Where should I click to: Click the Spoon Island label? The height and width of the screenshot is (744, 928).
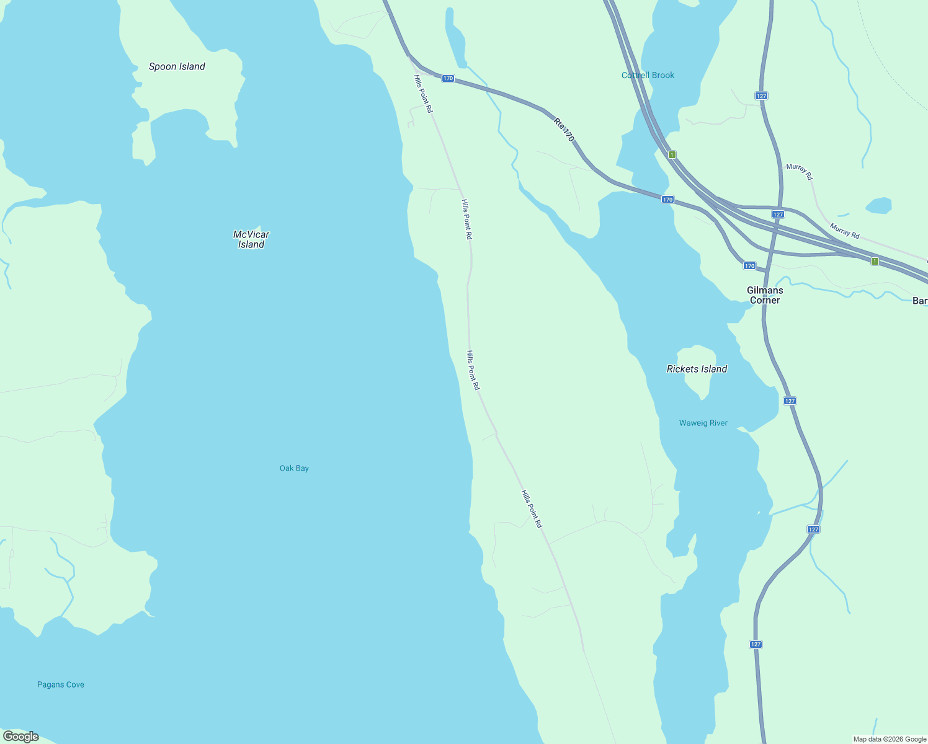click(x=177, y=66)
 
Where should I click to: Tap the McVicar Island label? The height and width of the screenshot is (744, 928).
click(x=251, y=239)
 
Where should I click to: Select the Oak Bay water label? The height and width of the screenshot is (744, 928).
click(x=294, y=468)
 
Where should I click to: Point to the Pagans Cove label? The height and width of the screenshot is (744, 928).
click(x=61, y=684)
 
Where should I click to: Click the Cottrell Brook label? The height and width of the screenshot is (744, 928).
click(x=648, y=75)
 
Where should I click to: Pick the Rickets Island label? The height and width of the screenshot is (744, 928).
click(x=697, y=369)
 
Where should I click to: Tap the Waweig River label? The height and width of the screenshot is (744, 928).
click(x=703, y=423)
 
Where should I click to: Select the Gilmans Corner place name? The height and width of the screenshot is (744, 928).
click(x=765, y=295)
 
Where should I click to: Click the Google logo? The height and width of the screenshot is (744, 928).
click(x=20, y=737)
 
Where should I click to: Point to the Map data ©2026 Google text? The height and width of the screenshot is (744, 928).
click(x=890, y=739)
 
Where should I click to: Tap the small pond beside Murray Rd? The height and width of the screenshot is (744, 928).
click(x=879, y=205)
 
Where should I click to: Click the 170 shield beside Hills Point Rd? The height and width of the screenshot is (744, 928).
click(x=448, y=78)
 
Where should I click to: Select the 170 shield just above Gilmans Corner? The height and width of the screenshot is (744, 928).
click(x=749, y=266)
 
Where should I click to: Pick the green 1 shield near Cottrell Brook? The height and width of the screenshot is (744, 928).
click(x=672, y=154)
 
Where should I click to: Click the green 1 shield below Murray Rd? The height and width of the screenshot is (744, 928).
click(x=875, y=261)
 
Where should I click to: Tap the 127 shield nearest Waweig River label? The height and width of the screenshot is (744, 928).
click(x=789, y=401)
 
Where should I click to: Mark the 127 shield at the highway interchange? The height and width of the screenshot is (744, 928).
click(x=778, y=214)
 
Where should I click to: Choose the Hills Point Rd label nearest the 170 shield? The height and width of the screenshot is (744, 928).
click(x=423, y=94)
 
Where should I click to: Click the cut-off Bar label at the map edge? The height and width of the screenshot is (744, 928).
click(x=920, y=301)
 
